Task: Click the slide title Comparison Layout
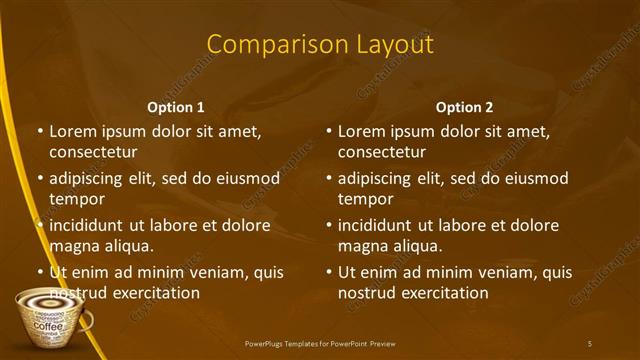pyautogui.click(x=320, y=45)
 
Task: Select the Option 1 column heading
pyautogui.click(x=176, y=107)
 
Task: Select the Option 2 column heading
pyautogui.click(x=464, y=107)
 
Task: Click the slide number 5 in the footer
pyautogui.click(x=591, y=344)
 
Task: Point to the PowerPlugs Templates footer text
pyautogui.click(x=320, y=344)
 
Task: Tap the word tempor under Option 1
pyautogui.click(x=77, y=199)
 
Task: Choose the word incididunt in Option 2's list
pyautogui.click(x=379, y=225)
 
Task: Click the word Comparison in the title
pyautogui.click(x=267, y=45)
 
